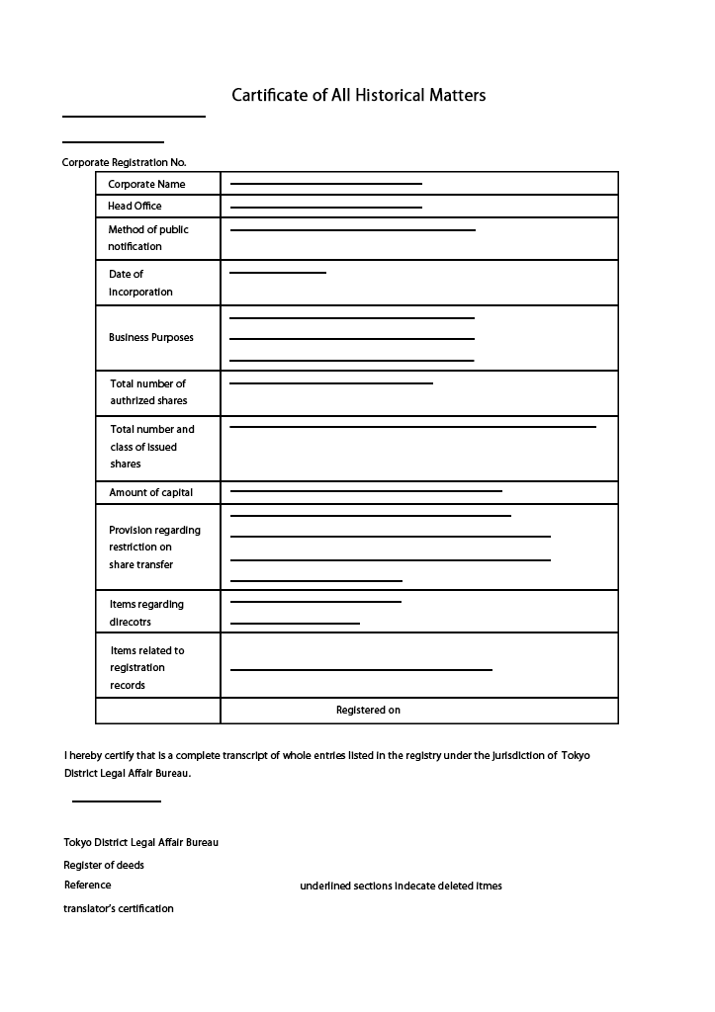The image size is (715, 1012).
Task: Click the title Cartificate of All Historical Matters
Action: coord(358,96)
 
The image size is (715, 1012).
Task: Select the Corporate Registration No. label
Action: coord(124,162)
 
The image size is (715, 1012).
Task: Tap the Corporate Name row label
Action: coord(146,184)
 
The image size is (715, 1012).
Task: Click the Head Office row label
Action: coord(134,206)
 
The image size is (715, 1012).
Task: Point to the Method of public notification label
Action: coord(147,238)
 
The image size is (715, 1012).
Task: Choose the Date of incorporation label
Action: coord(139,283)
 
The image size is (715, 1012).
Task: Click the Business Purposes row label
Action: coord(150,337)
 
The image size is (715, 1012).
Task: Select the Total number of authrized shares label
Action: coord(147,392)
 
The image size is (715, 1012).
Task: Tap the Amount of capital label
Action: coord(150,492)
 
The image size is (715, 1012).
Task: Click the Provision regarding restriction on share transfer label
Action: coord(154,548)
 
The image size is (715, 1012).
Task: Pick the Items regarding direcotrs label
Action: coord(145,613)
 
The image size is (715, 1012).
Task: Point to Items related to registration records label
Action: coord(146,668)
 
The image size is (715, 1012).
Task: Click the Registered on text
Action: coord(368,710)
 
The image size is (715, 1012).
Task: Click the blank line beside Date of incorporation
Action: coord(277,273)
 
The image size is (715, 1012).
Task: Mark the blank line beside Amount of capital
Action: coord(366,491)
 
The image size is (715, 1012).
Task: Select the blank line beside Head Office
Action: coord(325,208)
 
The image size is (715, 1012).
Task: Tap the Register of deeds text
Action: coord(104,865)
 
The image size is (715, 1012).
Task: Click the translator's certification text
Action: coord(119,908)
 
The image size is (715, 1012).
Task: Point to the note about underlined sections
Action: coord(401,885)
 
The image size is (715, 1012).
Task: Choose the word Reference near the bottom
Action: coord(88,885)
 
